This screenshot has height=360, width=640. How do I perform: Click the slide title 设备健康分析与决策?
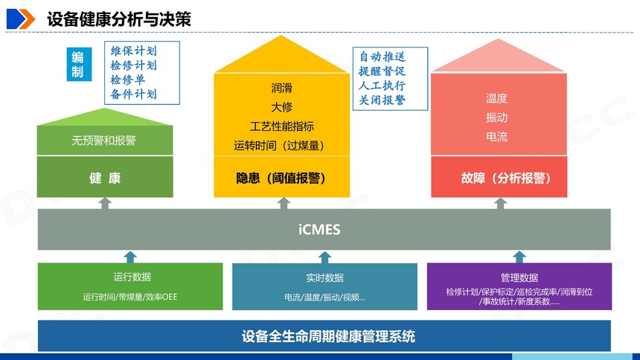[x=119, y=19]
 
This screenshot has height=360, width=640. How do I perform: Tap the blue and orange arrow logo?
[x=21, y=19]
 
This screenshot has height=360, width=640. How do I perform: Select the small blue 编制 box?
[x=79, y=64]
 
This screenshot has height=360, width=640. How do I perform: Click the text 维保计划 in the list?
[x=133, y=51]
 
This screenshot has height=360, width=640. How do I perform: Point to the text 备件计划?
[x=133, y=94]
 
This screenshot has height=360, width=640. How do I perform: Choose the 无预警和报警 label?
[x=103, y=141]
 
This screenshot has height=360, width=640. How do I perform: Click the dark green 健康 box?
[x=105, y=177]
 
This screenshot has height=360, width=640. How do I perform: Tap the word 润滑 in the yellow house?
[x=281, y=88]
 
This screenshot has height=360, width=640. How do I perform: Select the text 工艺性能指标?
[x=281, y=126]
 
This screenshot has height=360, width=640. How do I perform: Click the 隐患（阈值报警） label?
[x=281, y=178]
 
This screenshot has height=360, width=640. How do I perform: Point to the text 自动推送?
[x=382, y=57]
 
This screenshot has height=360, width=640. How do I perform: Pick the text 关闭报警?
[x=382, y=100]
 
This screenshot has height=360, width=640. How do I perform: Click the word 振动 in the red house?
[x=496, y=118]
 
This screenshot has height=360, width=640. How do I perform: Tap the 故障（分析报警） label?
[x=506, y=178]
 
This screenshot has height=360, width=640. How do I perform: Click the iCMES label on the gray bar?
[x=319, y=229]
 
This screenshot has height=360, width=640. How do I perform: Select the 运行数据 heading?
[x=132, y=277]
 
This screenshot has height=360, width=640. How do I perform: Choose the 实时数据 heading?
[x=325, y=278]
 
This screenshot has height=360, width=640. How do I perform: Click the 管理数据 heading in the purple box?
[x=519, y=278]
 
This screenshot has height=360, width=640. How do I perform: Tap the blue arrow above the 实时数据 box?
[x=325, y=257]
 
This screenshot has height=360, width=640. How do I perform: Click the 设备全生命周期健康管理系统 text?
[x=328, y=336]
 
